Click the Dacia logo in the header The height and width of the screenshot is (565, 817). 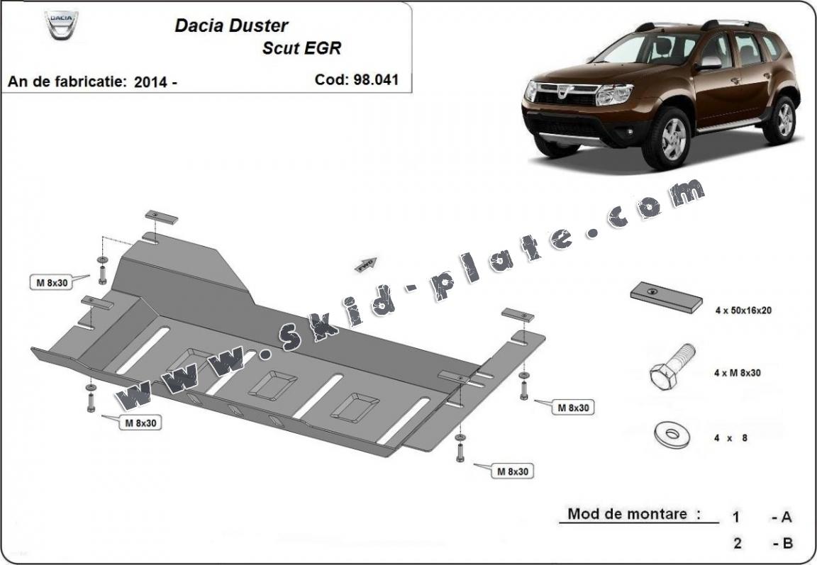pos(61,25)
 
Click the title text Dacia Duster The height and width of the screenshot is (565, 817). pos(231,26)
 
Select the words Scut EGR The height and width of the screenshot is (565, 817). pos(301,48)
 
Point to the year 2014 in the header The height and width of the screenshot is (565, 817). pos(151,82)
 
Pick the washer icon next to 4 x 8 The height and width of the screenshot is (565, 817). pos(670,434)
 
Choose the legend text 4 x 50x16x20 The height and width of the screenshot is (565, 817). pos(743,310)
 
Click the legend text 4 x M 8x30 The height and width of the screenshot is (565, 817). pos(737,373)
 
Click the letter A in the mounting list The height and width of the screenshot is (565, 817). pos(786,518)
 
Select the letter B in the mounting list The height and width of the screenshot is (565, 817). pos(786,544)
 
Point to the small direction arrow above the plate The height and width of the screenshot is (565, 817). pos(367,264)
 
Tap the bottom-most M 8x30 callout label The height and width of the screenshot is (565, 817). pos(511,471)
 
